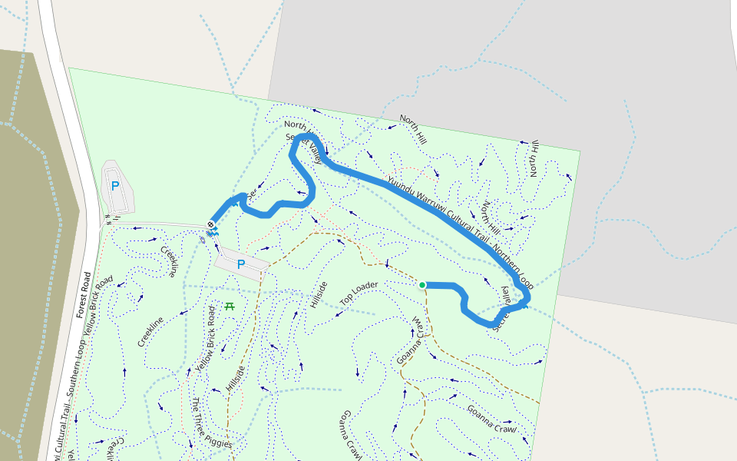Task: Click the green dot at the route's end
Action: [x=422, y=285]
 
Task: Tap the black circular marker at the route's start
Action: [x=211, y=224]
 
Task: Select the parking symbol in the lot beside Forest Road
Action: [x=115, y=185]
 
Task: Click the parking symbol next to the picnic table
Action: [x=240, y=264]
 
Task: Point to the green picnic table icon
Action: [x=229, y=306]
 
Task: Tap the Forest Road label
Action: [x=84, y=295]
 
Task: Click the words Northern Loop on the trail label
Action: [x=512, y=266]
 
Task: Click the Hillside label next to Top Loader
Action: [x=319, y=295]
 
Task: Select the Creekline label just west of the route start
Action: [x=171, y=260]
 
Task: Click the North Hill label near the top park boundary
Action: [x=412, y=130]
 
